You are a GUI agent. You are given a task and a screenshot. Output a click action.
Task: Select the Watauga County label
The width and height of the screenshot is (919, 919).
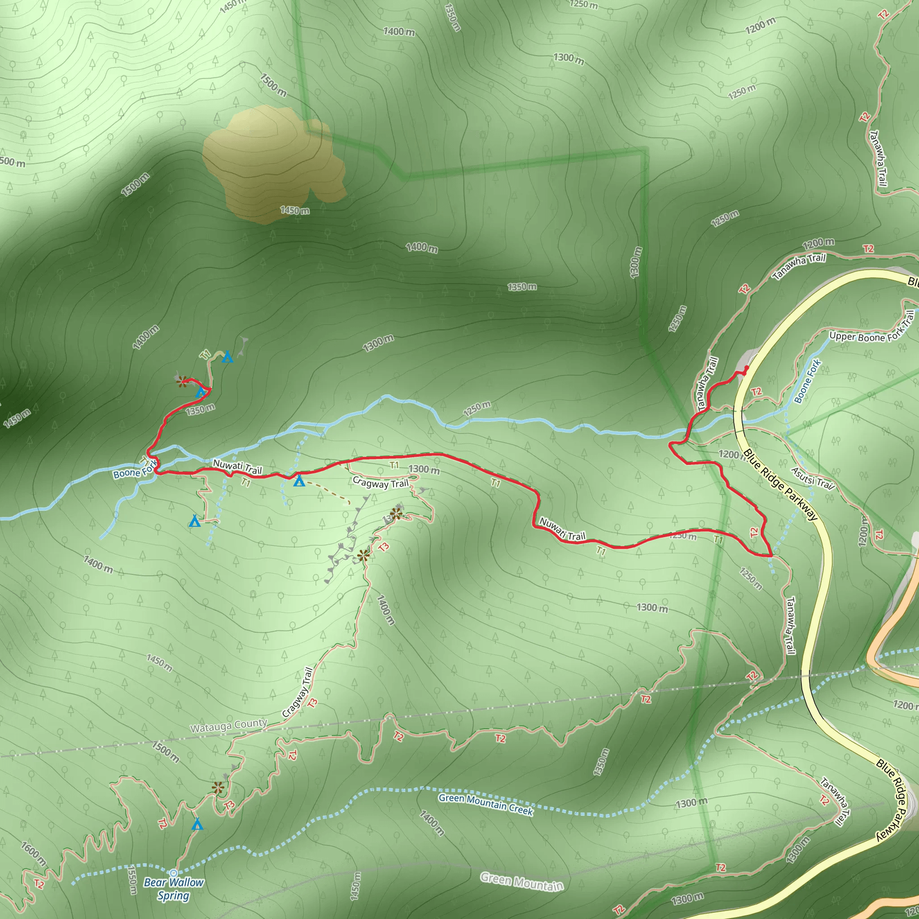[228, 726]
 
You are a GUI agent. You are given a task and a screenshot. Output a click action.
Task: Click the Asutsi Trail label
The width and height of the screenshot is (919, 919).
[813, 478]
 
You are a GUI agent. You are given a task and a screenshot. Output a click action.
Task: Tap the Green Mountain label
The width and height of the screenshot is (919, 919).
[522, 881]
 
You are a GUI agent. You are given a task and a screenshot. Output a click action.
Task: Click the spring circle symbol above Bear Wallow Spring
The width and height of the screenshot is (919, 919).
[174, 873]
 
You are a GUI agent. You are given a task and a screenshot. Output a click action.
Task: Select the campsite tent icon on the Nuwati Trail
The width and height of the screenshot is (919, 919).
[299, 481]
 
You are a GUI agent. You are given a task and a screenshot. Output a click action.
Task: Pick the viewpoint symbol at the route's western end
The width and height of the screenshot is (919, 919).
[182, 381]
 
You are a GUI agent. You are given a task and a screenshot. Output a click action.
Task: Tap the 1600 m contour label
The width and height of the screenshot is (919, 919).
[34, 854]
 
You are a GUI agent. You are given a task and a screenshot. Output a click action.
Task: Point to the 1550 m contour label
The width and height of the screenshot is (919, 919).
[132, 880]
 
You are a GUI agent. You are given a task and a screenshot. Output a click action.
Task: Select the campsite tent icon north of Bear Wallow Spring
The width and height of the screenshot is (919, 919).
[197, 824]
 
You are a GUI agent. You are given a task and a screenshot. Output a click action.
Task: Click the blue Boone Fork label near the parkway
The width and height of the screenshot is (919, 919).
[807, 381]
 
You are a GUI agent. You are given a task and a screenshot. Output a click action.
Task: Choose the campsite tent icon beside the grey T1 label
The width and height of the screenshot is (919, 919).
[228, 357]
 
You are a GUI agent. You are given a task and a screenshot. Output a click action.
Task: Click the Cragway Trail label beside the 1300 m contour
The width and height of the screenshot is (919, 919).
[381, 483]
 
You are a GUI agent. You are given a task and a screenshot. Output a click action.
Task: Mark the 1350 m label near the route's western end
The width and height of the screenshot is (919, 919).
[200, 409]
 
